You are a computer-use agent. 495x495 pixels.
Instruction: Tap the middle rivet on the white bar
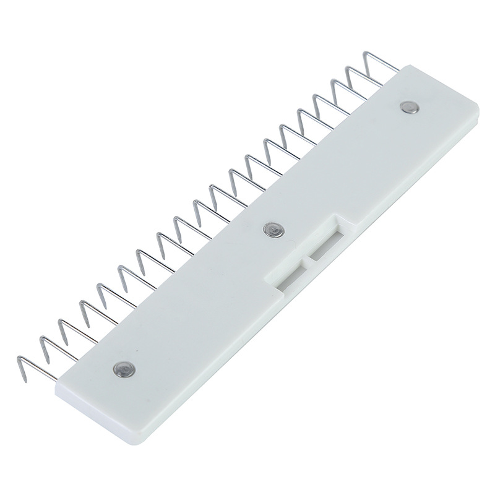coord(272,230)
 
